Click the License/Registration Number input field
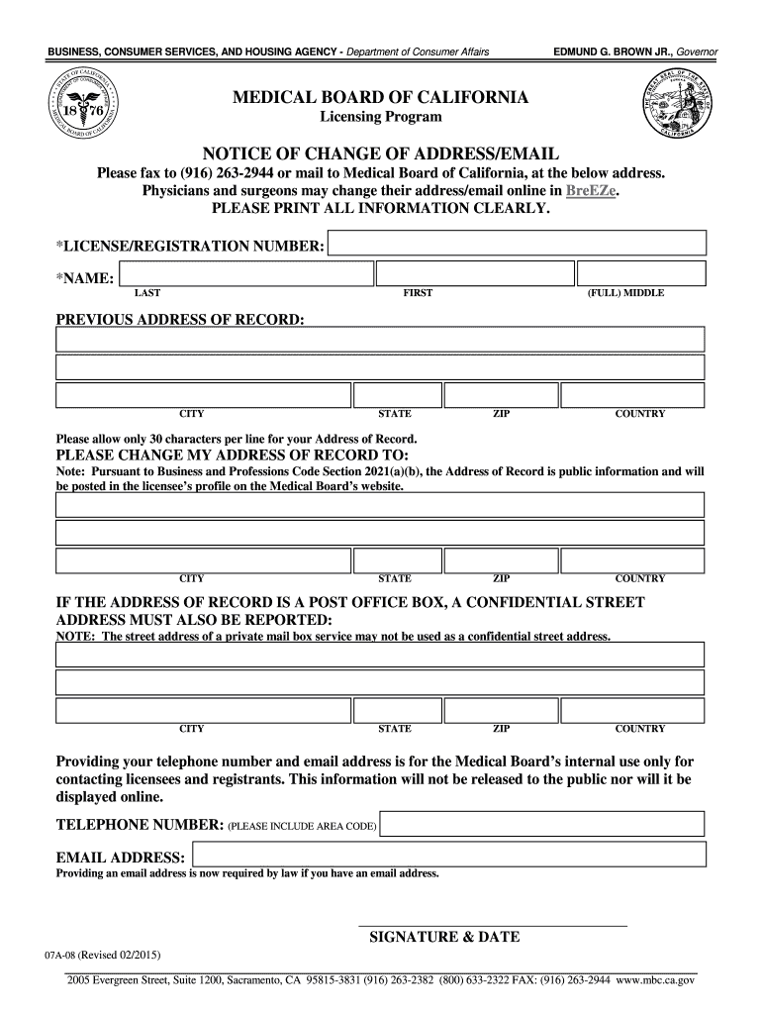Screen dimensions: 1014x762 [x=517, y=245]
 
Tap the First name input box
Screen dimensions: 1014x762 [x=475, y=274]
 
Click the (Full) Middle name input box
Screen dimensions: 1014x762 [x=641, y=274]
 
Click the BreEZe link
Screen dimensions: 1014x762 [x=591, y=191]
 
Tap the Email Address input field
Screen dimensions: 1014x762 [x=449, y=856]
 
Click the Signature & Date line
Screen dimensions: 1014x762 [x=492, y=925]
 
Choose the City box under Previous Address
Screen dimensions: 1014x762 [x=204, y=396]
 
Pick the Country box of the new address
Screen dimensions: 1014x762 [x=632, y=561]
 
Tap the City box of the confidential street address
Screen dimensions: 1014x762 [x=204, y=711]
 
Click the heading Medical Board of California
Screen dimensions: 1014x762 [x=380, y=98]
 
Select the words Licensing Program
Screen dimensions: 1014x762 [x=380, y=118]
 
